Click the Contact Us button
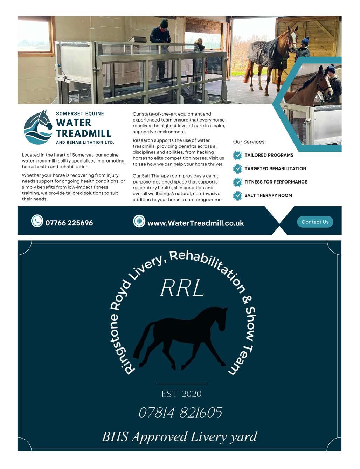pos(315,222)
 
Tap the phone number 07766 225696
pos(69,223)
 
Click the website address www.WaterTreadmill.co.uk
pos(195,223)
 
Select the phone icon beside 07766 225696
pos(37,221)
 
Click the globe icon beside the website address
pos(139,221)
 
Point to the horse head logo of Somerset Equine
pos(38,127)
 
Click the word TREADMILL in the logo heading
pos(83,133)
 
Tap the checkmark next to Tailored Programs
pos(238,155)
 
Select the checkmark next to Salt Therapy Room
pos(238,195)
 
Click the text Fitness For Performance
pos(276,182)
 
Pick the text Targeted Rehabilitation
pos(275,168)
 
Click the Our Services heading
pos(249,142)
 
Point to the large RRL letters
pos(182,289)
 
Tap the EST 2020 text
pos(181,394)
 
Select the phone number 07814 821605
pos(180,413)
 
